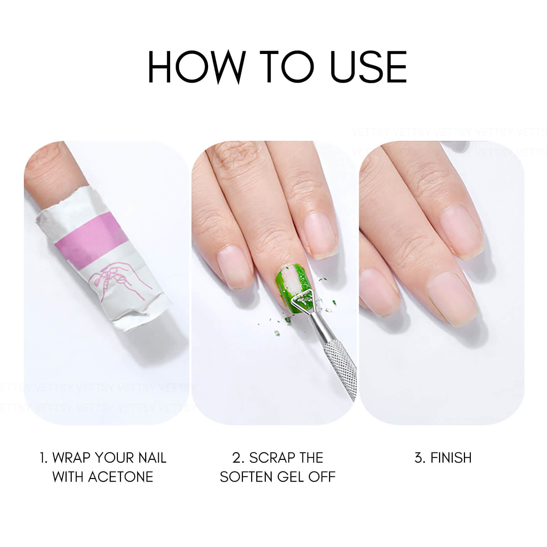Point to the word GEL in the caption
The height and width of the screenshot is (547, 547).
click(291, 477)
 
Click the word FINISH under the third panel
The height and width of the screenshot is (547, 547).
click(451, 457)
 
